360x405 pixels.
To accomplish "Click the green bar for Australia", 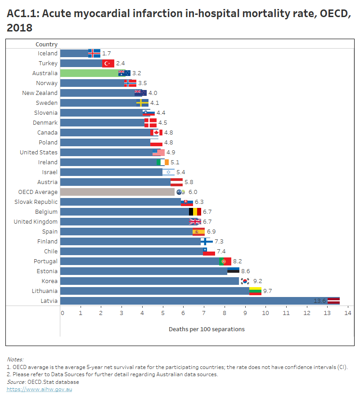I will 90,73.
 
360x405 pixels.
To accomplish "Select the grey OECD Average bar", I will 117,192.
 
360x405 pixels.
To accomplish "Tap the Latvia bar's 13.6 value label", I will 319,301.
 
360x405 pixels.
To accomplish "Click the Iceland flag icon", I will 94,53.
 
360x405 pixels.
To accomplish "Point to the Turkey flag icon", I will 108,63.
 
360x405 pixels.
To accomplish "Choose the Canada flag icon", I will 156,132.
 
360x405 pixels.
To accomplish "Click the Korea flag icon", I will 245,281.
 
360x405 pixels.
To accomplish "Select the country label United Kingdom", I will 36,221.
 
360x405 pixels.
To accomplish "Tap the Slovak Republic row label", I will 36,202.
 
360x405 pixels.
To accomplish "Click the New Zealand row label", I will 40,93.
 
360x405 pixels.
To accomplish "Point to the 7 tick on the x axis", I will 204,313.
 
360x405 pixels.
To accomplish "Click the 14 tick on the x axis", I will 347,313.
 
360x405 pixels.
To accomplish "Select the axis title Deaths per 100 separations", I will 207,329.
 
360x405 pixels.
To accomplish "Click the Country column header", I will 46,44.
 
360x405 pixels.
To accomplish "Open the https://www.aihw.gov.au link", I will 39,389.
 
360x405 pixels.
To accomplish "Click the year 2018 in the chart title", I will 20,28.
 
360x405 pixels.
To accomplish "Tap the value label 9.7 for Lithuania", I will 267,291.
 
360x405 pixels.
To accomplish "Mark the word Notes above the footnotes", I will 15,360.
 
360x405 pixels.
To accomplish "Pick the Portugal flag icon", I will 225,261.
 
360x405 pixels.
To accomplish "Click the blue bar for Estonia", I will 144,271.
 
